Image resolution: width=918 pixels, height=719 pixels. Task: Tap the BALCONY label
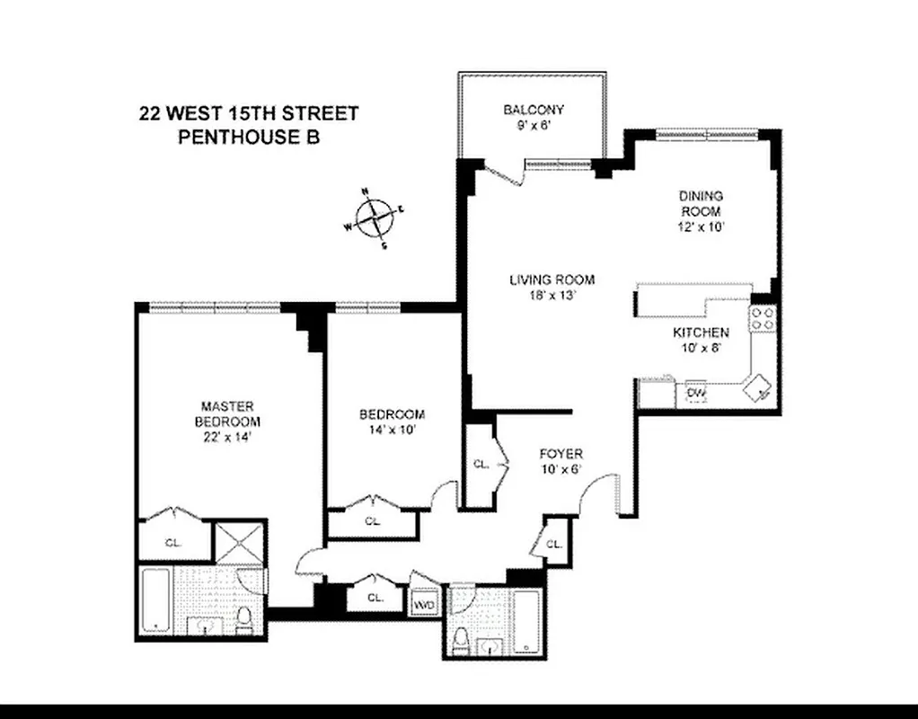(x=534, y=110)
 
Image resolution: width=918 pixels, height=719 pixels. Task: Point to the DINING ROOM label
(x=701, y=203)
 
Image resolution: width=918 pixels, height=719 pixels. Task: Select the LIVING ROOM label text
(x=552, y=280)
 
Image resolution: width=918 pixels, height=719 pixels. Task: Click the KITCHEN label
(x=701, y=333)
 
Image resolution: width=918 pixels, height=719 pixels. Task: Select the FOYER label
(x=561, y=453)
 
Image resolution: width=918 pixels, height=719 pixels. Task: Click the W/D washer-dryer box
(x=424, y=605)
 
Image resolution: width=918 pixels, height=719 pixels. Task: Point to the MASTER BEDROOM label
(x=230, y=413)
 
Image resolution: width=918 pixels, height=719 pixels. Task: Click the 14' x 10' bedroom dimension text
(x=392, y=430)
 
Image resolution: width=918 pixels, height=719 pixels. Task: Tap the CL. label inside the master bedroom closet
(x=173, y=542)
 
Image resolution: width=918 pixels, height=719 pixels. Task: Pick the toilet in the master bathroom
(x=244, y=620)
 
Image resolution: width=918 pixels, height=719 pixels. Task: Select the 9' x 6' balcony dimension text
(x=534, y=125)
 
